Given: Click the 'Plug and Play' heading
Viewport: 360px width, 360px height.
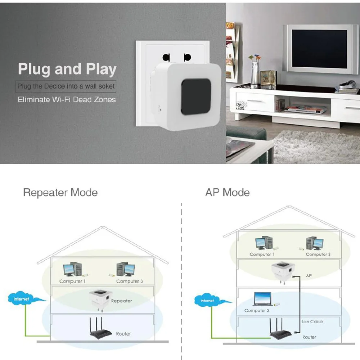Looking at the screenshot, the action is click(67, 69).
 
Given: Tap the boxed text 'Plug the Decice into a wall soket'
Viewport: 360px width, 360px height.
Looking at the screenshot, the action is click(66, 86).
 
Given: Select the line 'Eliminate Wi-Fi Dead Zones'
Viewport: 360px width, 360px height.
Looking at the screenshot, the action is click(67, 100).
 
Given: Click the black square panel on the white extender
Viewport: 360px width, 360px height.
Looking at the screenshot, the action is click(196, 96).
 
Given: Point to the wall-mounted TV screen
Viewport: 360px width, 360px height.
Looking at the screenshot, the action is click(319, 49).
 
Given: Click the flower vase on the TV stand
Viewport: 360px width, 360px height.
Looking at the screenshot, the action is click(255, 71).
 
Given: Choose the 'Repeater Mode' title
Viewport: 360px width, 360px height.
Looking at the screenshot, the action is click(60, 192).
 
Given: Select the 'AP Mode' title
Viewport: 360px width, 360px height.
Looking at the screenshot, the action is click(227, 192).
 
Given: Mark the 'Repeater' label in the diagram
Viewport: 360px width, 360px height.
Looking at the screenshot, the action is click(121, 301).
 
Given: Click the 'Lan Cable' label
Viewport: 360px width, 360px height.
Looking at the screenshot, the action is click(312, 321).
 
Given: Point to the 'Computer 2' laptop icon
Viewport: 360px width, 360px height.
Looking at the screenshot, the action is click(263, 299).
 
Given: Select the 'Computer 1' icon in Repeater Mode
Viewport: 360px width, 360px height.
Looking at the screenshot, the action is click(73, 269).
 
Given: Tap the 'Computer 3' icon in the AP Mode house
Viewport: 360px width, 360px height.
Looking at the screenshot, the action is click(315, 243).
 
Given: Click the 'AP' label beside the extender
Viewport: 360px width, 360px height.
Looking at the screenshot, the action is click(309, 275).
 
